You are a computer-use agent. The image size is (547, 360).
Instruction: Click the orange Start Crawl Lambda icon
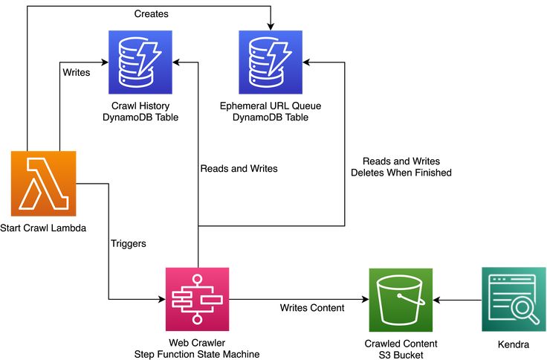point(44,183)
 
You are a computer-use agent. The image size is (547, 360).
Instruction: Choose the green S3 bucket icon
point(401,300)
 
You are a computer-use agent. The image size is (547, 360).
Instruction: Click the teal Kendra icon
point(514,300)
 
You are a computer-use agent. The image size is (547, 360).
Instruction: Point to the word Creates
point(151,14)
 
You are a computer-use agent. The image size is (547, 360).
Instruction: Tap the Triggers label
point(128,243)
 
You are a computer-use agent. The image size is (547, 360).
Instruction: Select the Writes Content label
point(311,308)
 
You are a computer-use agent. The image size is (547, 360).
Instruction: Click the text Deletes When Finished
point(401,173)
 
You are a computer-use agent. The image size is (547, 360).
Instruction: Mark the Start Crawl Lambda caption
point(44,228)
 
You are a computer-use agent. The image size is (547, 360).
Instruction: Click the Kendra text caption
point(514,344)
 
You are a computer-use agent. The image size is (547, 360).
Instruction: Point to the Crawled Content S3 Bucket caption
point(401,350)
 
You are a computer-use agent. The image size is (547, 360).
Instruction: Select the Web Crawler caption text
point(197,344)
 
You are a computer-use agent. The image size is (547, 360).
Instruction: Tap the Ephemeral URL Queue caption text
point(271,112)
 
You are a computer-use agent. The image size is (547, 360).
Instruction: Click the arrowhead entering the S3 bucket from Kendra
point(437,300)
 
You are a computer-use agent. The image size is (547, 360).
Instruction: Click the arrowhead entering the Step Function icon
point(161,300)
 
